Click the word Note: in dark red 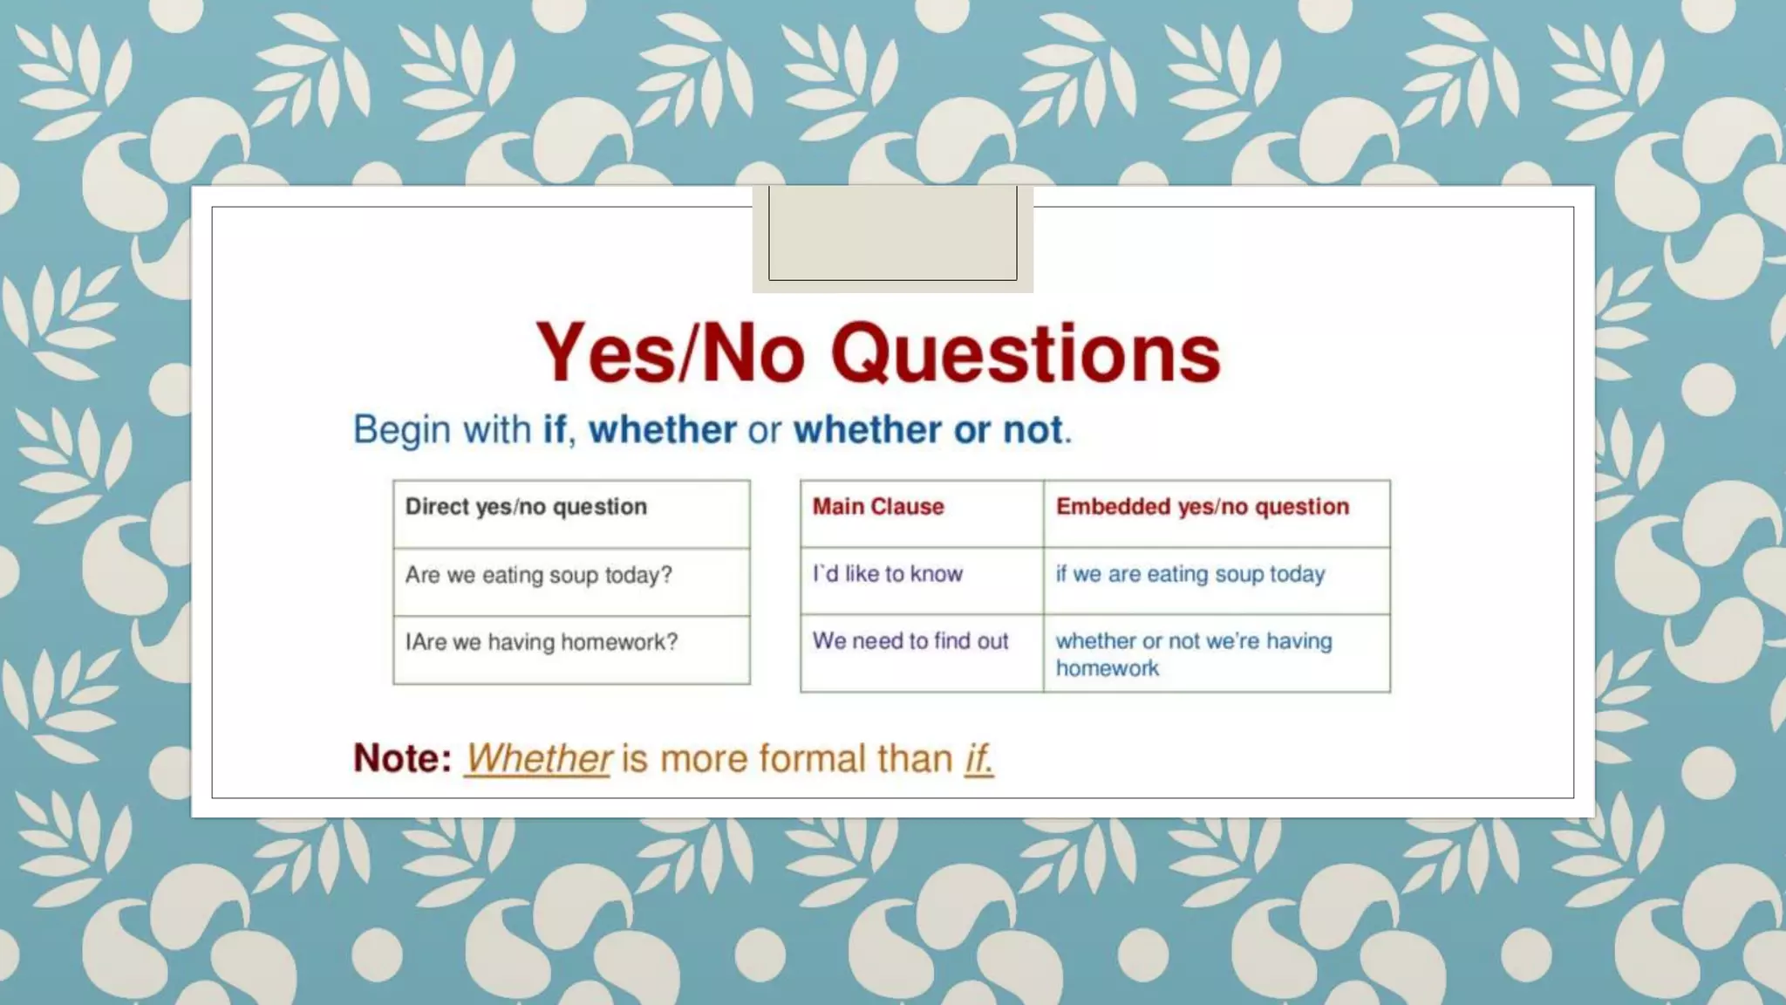pos(402,758)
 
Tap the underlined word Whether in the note pos(538,758)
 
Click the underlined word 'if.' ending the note pos(978,758)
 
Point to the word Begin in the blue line pos(402,430)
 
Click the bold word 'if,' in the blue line pos(559,430)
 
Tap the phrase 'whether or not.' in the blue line pos(931,430)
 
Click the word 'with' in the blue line pos(496,430)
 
